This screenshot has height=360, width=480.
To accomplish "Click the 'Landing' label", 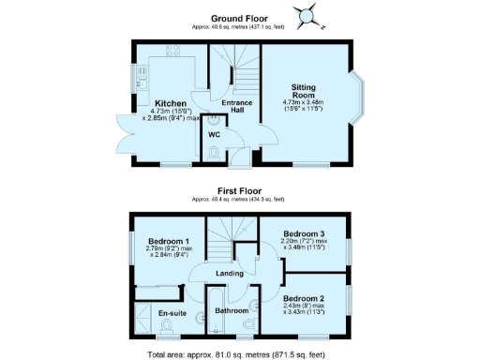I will tap(230, 273).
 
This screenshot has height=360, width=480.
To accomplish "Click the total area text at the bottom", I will tap(240, 353).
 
